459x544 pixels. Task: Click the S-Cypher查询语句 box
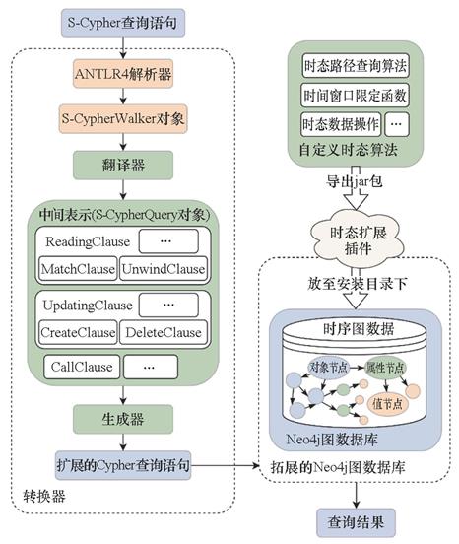[x=123, y=24]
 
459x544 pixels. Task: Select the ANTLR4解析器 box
[x=123, y=74]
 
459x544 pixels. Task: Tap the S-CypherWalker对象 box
[x=123, y=118]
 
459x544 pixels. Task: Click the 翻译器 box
[x=123, y=166]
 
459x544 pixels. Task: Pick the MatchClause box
[x=78, y=269]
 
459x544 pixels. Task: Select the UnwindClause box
[x=164, y=269]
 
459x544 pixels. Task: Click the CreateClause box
[x=78, y=332]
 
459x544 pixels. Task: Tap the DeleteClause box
[x=164, y=332]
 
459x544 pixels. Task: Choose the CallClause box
[x=82, y=367]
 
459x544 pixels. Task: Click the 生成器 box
[x=123, y=419]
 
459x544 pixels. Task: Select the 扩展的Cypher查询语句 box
[x=123, y=465]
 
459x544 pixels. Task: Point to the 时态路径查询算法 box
[x=356, y=65]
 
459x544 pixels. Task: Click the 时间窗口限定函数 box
[x=356, y=95]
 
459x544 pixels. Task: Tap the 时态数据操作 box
[x=341, y=124]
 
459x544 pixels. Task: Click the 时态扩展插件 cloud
[x=358, y=240]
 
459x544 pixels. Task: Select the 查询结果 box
[x=356, y=523]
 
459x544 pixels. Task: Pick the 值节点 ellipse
[x=387, y=404]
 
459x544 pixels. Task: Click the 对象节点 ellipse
[x=328, y=367]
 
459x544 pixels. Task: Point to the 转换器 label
[x=44, y=497]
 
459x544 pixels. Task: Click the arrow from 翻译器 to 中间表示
[x=123, y=189]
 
